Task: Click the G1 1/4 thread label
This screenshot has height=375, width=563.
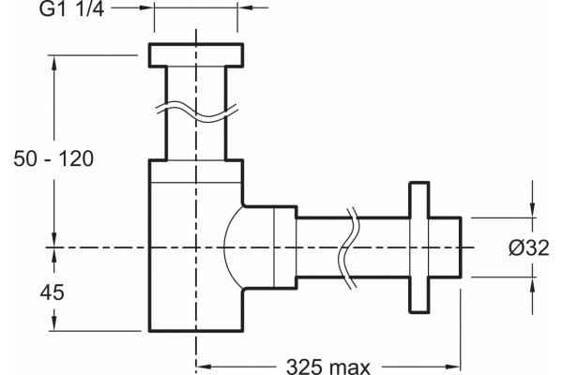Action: [71, 9]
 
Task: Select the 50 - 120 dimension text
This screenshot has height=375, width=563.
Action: [53, 158]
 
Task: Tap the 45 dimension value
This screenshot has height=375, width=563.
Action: [52, 292]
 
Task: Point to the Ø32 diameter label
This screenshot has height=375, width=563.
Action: [529, 247]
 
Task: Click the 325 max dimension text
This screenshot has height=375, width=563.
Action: [327, 367]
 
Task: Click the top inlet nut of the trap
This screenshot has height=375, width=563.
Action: [196, 55]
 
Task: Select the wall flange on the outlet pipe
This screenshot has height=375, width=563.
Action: [419, 247]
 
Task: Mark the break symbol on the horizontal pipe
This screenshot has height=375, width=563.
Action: [348, 247]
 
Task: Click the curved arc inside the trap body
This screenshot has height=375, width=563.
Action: [223, 247]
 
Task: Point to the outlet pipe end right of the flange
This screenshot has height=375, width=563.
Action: [446, 247]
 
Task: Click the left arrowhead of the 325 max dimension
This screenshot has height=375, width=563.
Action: [204, 367]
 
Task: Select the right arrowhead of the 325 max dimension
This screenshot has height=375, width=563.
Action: [453, 367]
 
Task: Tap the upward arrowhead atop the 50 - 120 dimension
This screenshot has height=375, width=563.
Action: [54, 63]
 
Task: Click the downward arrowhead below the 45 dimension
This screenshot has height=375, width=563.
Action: [53, 323]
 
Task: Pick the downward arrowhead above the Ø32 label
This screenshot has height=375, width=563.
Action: [532, 210]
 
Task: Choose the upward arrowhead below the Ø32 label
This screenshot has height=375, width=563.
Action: [532, 284]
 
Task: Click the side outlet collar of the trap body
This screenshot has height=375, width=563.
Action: [270, 247]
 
